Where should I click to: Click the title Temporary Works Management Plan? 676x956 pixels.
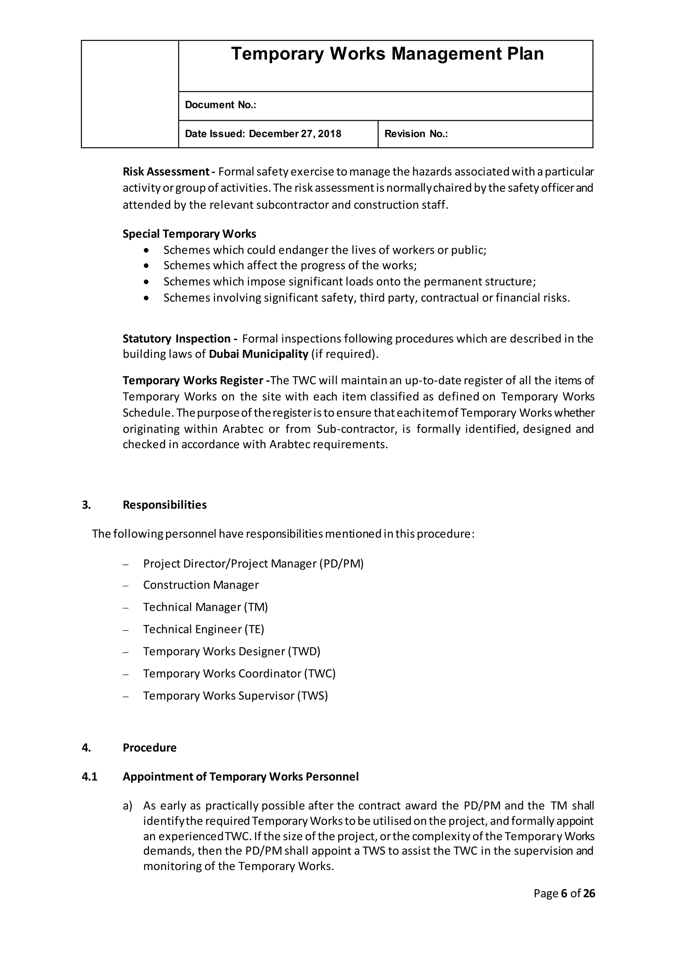pos(387,54)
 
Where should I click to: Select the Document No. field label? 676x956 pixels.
pos(220,105)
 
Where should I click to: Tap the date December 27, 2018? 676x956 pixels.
pos(295,134)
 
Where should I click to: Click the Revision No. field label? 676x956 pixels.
pos(416,134)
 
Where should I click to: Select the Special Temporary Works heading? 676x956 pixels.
pos(189,234)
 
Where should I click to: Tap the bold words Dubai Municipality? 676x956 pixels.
pos(258,354)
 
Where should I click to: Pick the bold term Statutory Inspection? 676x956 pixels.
pos(177,338)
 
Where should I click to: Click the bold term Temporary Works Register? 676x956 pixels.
pos(193,381)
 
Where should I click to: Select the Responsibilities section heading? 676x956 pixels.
pos(164,505)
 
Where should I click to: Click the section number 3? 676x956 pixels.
pos(86,505)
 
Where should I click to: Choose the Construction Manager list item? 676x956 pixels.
pos(201,585)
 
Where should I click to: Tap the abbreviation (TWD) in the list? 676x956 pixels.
pos(304,651)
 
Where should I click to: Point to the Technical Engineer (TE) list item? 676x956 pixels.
pos(204,629)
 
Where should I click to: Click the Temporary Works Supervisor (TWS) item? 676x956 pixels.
pos(235,696)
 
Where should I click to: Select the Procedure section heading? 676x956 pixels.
pos(150,748)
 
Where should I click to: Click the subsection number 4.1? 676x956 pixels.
pos(89,777)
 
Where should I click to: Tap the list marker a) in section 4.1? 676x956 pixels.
pos(127,806)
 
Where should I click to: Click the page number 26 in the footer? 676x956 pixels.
pos(589,894)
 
